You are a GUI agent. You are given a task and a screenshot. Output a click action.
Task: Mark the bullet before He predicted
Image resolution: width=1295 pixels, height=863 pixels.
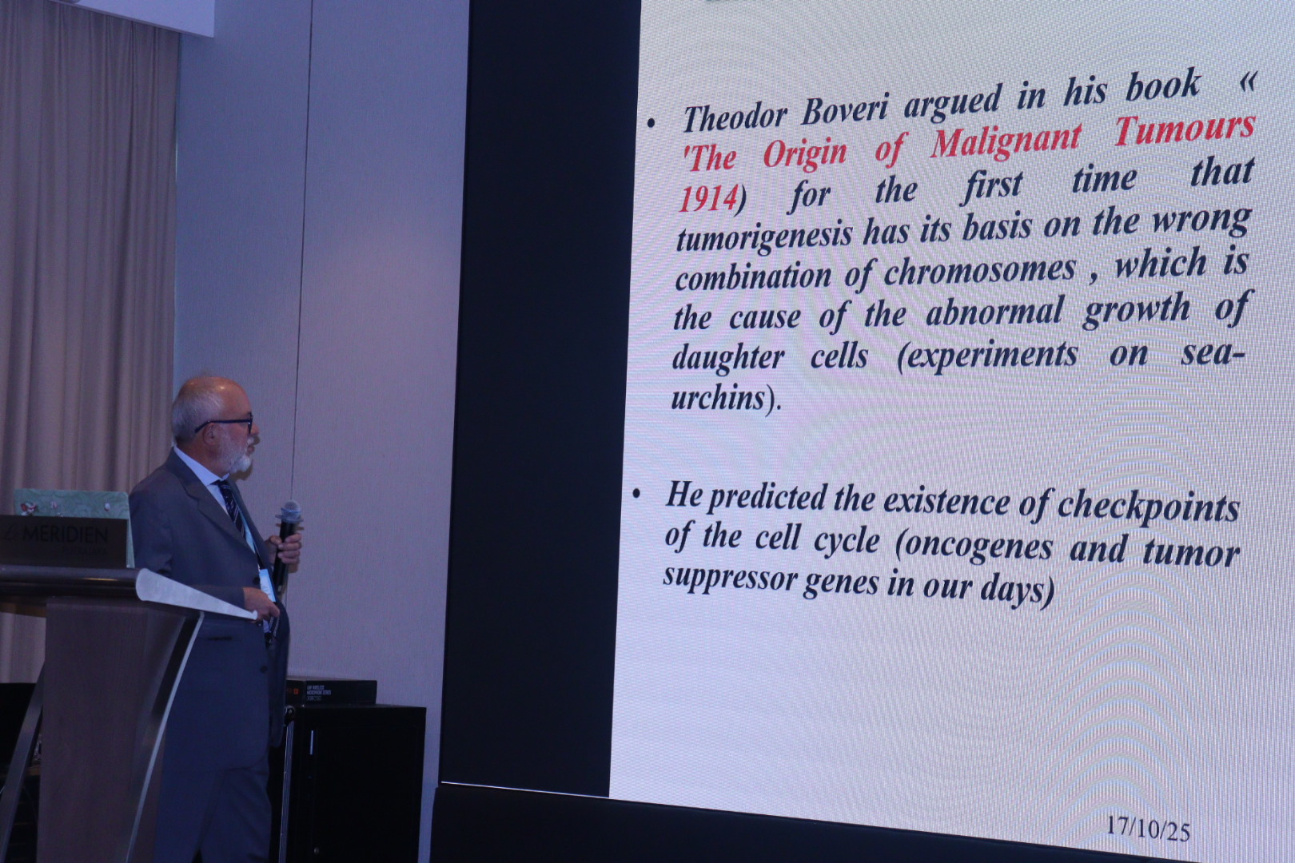pyautogui.click(x=636, y=494)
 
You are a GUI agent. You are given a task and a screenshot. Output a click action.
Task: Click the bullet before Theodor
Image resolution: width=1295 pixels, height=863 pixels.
pyautogui.click(x=651, y=123)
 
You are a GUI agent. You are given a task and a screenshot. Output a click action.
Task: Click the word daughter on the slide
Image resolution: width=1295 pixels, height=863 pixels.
pyautogui.click(x=728, y=358)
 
